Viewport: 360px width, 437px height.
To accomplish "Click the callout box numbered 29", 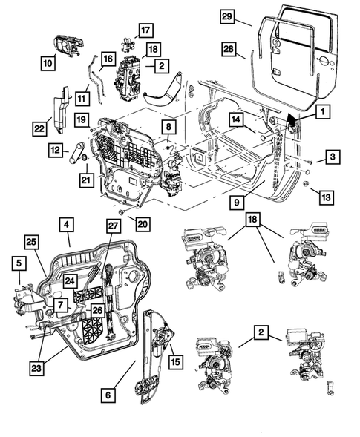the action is coord(226,16).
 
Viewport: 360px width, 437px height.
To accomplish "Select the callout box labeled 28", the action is coord(229,49).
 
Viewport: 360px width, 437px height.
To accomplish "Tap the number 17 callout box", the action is coord(145,30).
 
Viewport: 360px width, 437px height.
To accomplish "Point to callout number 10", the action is coord(48,63).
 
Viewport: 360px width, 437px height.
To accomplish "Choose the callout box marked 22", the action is coord(39,128).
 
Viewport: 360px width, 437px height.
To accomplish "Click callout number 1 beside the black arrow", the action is coord(323,112).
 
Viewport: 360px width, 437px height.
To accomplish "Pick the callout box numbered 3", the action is coord(333,157).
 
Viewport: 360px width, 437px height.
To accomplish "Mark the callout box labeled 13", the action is coord(327,197).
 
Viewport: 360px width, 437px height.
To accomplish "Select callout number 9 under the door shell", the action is coord(237,202).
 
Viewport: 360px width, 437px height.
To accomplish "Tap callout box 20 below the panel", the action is coord(143,224).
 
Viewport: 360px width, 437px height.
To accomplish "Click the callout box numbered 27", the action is coord(113,226).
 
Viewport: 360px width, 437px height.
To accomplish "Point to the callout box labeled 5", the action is coord(19,263).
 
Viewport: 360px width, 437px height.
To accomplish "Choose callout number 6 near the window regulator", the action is coord(108,395).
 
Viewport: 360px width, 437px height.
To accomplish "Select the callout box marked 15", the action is coord(175,362).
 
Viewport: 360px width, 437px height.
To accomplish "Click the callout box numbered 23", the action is coord(36,368).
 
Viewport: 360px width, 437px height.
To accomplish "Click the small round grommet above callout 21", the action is coord(83,159).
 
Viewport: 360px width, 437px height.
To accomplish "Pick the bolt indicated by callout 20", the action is coord(121,212).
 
